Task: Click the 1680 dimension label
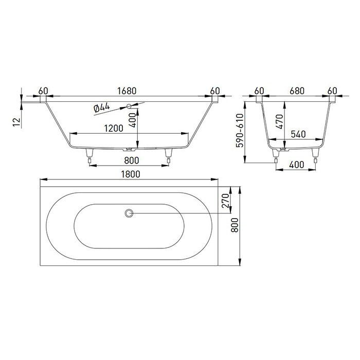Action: coord(127,91)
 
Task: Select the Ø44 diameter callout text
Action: coord(102,107)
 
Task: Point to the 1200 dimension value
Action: coord(113,129)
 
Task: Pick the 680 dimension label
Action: coord(297,91)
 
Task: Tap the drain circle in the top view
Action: coord(129,213)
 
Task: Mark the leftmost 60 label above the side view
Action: coord(43,91)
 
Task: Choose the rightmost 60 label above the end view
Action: coord(333,91)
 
